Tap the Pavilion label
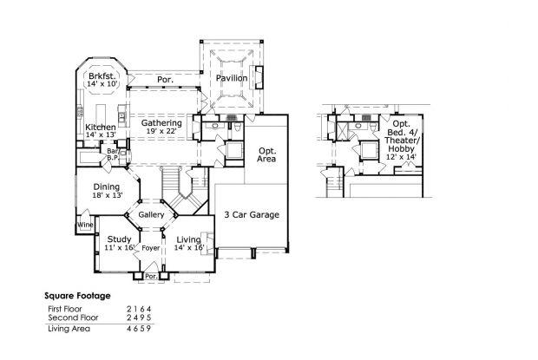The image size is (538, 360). tap(233, 79)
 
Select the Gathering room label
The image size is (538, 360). tap(162, 123)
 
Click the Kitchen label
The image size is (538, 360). tap(101, 128)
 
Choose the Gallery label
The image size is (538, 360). tap(151, 214)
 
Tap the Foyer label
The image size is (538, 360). tap(151, 248)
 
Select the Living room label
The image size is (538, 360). tap(189, 239)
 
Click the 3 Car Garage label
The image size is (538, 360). tap(252, 214)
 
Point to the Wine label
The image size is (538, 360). tap(85, 225)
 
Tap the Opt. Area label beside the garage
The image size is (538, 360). tap(267, 155)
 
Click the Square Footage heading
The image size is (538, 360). tap(78, 296)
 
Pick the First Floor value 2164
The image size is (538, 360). tap(139, 309)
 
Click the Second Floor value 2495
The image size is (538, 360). tap(139, 318)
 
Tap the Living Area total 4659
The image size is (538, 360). tap(139, 329)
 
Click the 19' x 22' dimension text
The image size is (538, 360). tap(162, 133)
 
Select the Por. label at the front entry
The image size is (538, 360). tap(150, 278)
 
